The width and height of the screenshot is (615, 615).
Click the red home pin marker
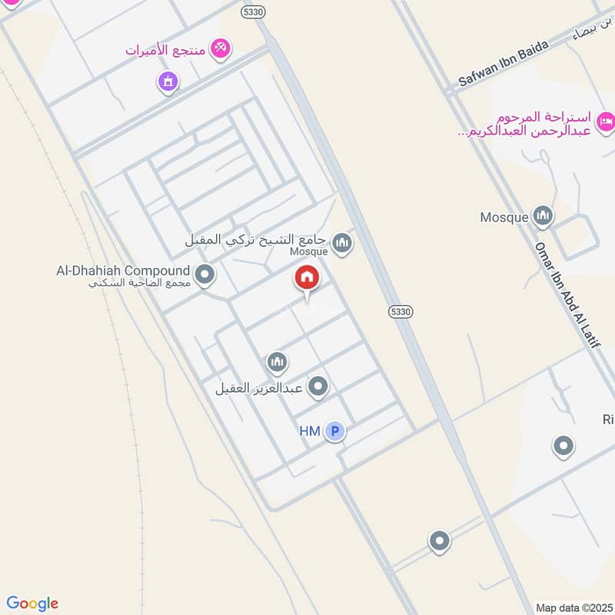[307, 278]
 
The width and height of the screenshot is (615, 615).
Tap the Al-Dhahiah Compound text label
[123, 271]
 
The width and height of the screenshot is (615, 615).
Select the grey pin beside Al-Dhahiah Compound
[204, 274]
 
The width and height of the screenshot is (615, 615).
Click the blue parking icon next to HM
[334, 431]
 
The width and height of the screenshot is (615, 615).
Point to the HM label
[309, 431]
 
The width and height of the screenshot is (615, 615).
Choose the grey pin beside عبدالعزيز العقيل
[317, 387]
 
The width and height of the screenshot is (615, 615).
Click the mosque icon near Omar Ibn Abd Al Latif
[543, 217]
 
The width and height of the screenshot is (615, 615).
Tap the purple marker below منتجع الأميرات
[168, 80]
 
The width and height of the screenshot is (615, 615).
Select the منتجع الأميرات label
[168, 50]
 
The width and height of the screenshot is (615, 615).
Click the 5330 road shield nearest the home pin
[401, 311]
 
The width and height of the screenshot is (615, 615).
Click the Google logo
[32, 603]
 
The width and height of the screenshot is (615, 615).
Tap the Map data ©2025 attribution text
[573, 607]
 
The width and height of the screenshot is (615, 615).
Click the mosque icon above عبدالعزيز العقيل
[277, 361]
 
